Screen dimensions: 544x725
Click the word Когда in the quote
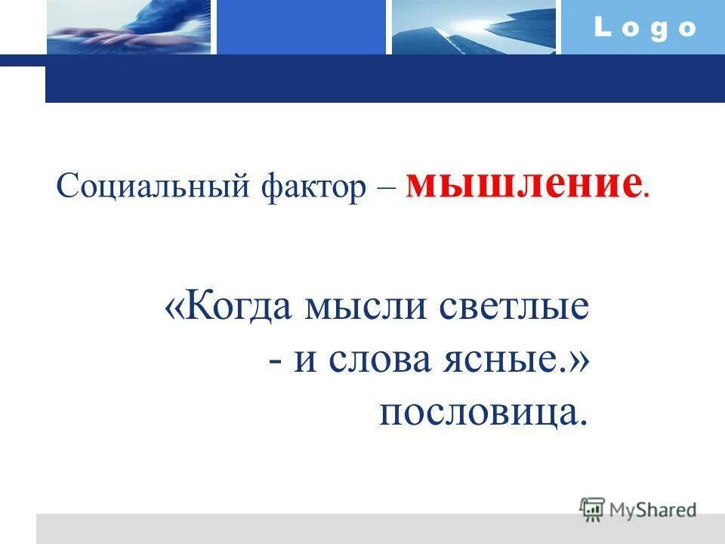click(x=240, y=310)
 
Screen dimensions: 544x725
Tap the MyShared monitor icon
click(x=592, y=508)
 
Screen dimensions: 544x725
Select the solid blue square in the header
click(x=301, y=27)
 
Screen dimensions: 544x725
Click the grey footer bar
click(x=302, y=529)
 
